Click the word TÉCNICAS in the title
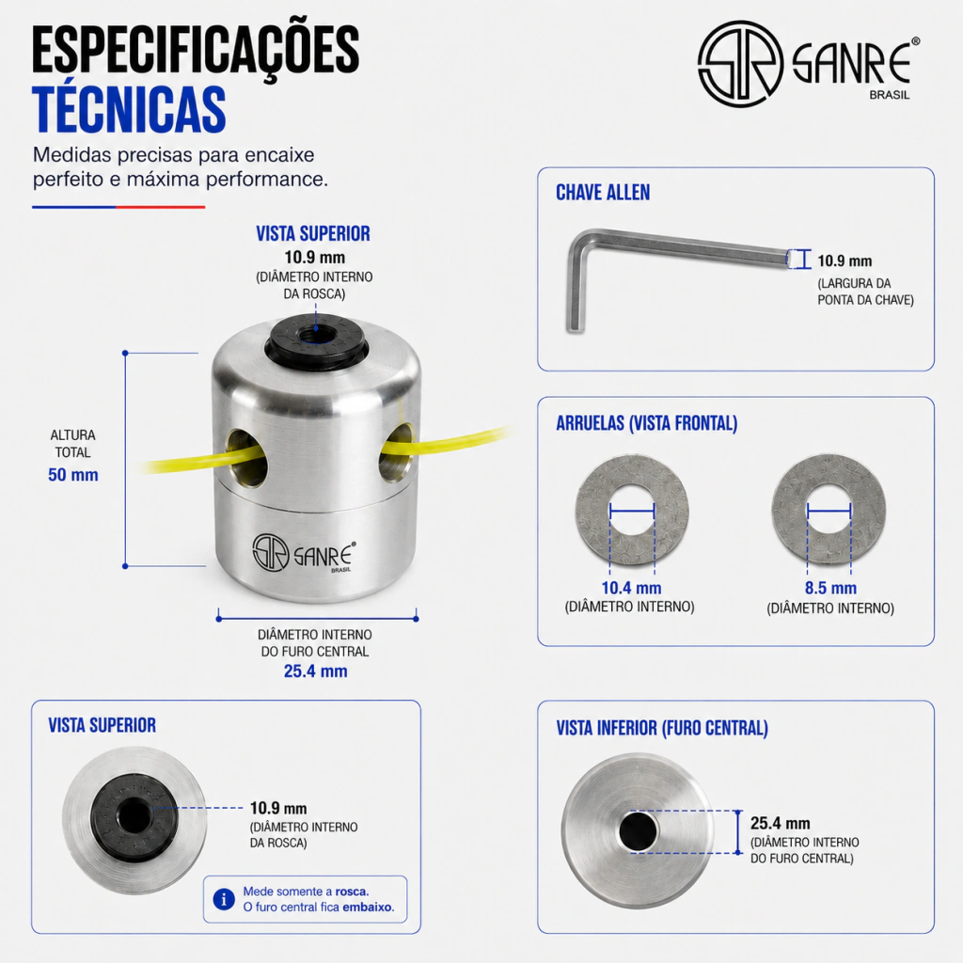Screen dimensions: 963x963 coord(129,109)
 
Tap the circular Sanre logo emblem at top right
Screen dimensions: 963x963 coord(741,63)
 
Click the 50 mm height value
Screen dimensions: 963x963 coord(73,475)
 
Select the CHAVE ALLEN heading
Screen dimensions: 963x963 coord(603,193)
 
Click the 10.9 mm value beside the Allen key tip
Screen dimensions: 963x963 coord(845,261)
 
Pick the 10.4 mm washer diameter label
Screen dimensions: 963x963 coord(631,588)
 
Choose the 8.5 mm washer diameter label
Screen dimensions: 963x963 coord(830,588)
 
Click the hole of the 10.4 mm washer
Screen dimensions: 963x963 coord(632,511)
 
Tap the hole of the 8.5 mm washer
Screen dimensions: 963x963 coord(829,511)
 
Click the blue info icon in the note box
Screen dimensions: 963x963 coord(224,900)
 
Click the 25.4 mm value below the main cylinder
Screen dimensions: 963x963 coord(316,671)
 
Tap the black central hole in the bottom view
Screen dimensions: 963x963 coord(639,831)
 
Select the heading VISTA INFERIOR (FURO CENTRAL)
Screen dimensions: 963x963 coord(662,729)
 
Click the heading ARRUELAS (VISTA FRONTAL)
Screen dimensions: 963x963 coord(647,423)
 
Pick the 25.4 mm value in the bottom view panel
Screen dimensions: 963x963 coord(780,823)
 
